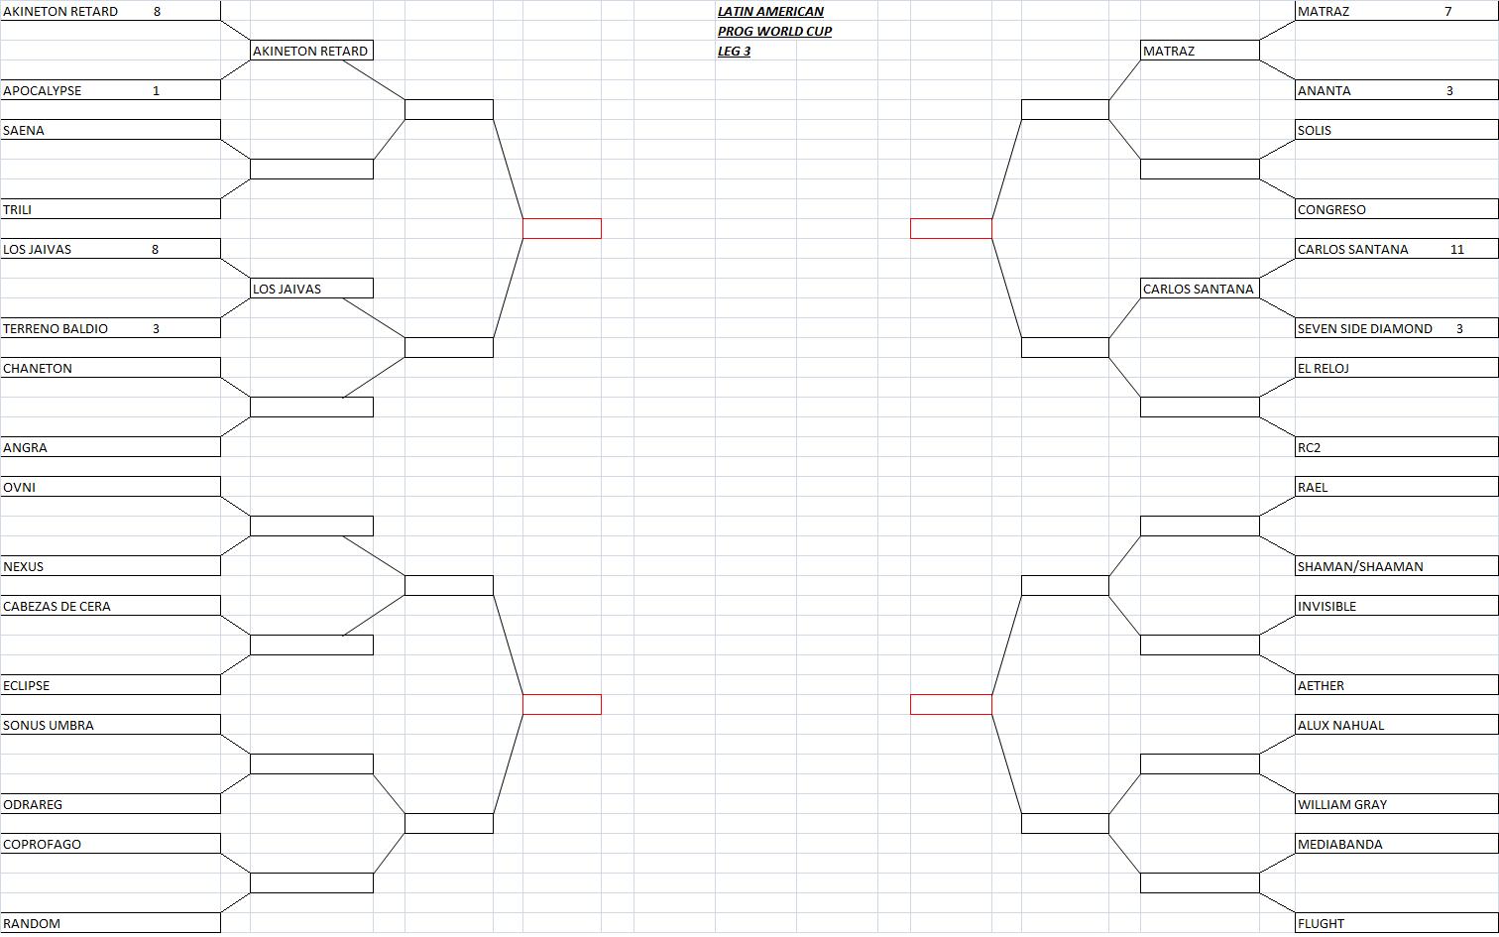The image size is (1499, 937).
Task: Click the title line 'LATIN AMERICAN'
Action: pyautogui.click(x=770, y=11)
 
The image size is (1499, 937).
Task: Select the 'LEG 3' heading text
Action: pyautogui.click(x=734, y=51)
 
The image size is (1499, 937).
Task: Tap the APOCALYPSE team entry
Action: pyautogui.click(x=43, y=90)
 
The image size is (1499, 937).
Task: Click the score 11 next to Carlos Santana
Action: pyautogui.click(x=1456, y=249)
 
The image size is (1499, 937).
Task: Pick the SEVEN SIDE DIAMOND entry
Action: pyautogui.click(x=1364, y=328)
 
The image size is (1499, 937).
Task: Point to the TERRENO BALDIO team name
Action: pyautogui.click(x=56, y=328)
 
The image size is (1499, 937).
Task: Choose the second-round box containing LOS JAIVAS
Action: pyautogui.click(x=311, y=289)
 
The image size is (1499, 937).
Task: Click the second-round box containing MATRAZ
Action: pyautogui.click(x=1200, y=51)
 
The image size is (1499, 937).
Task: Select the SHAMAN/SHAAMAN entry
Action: pyautogui.click(x=1360, y=566)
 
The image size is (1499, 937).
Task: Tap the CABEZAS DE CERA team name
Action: pyautogui.click(x=57, y=607)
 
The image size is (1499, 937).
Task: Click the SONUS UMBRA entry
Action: pyautogui.click(x=49, y=725)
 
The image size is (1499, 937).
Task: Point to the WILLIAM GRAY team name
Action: pyautogui.click(x=1342, y=804)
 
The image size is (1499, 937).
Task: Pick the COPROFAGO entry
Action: pyautogui.click(x=43, y=844)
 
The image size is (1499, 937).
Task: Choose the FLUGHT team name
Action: pyautogui.click(x=1321, y=924)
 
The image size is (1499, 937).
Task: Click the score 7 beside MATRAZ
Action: pyautogui.click(x=1447, y=11)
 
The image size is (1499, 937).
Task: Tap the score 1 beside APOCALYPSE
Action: pyautogui.click(x=156, y=90)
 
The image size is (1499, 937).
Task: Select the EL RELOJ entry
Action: pyautogui.click(x=1323, y=368)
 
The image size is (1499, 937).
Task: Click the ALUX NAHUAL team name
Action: pyautogui.click(x=1341, y=725)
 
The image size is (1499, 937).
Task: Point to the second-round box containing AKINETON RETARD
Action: pyautogui.click(x=311, y=51)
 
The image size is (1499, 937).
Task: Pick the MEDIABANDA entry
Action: pyautogui.click(x=1339, y=844)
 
